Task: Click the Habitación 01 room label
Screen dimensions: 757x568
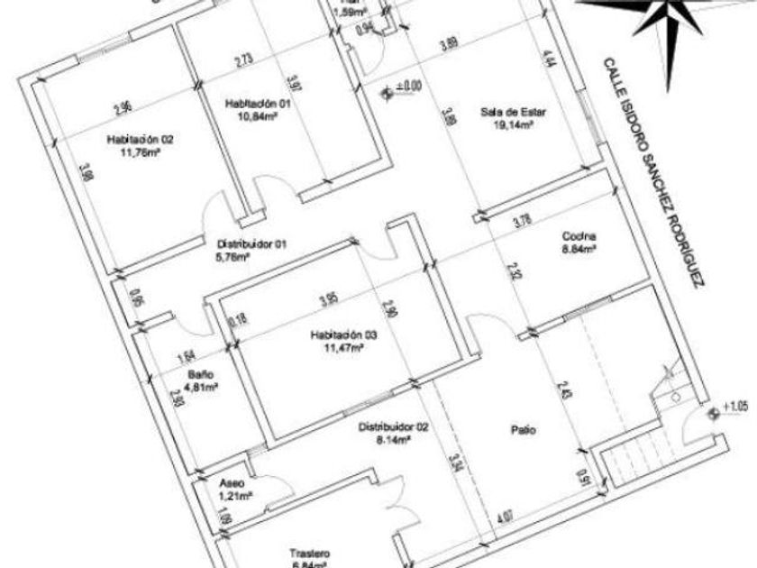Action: pos(259,104)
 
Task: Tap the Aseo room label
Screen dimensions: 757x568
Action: pos(233,483)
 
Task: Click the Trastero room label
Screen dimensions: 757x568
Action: pos(309,554)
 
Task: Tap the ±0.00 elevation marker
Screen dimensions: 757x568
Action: pos(404,87)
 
